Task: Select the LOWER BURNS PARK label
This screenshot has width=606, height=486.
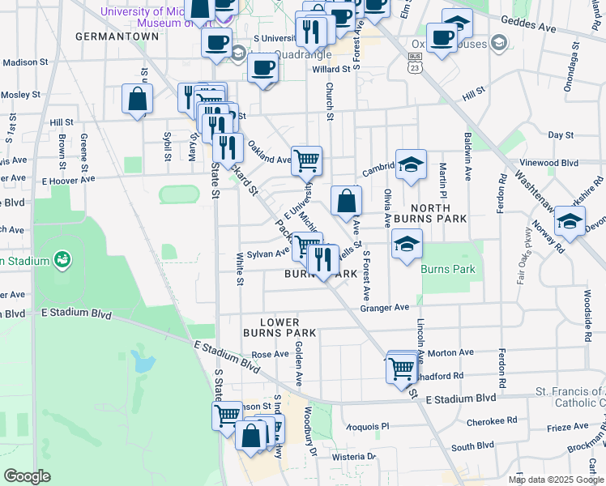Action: pos(280,327)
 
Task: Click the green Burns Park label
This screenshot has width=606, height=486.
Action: pos(444,268)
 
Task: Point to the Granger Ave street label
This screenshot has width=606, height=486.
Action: pos(384,308)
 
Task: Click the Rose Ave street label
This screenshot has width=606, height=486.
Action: pos(270,355)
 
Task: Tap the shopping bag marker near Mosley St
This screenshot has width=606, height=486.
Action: pos(138,100)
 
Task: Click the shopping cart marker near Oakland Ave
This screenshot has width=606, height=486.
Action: pos(306,160)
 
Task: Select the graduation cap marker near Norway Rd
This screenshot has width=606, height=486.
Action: pos(570,221)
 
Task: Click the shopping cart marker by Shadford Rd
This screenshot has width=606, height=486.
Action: pos(401,368)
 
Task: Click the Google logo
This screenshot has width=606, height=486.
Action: pos(27,476)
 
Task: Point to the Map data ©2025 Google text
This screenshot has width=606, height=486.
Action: pos(555,480)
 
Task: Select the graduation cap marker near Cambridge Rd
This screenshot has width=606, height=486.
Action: pos(411,164)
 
